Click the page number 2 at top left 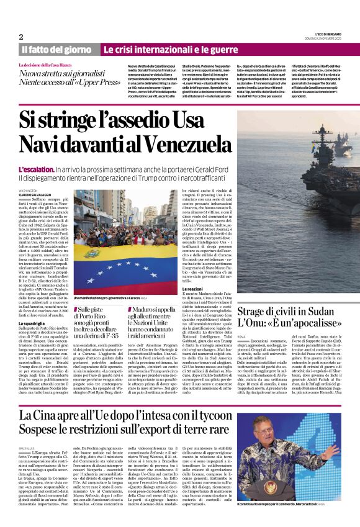coord(21,37)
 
